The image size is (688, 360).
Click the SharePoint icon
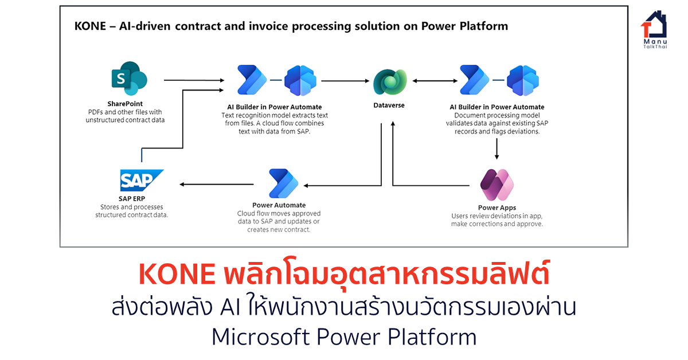click(129, 80)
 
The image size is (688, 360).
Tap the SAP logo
click(142, 180)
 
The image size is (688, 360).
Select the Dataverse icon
click(390, 81)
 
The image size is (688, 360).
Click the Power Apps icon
click(497, 184)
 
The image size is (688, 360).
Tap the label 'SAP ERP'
click(132, 198)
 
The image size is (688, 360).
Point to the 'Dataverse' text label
click(389, 106)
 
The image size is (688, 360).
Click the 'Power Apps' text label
click(497, 208)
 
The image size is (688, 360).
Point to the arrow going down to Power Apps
click(497, 148)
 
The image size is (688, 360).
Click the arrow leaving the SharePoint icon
click(193, 81)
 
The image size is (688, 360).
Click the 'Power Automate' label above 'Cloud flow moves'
click(279, 205)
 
